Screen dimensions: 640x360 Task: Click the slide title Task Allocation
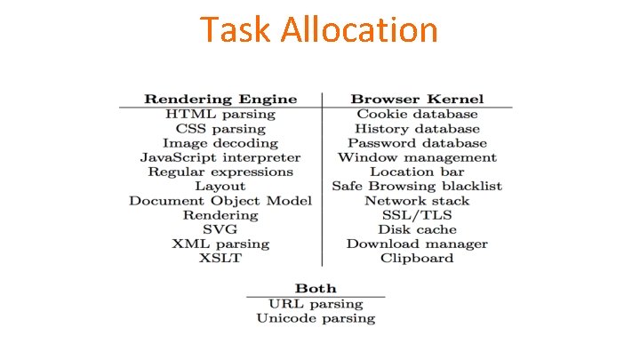319,30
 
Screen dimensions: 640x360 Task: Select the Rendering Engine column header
220,99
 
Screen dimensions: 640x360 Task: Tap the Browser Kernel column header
417,99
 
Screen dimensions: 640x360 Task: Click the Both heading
316,288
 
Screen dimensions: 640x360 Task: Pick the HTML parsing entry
220,114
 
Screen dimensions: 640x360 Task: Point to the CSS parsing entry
220,129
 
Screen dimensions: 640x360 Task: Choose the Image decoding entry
220,143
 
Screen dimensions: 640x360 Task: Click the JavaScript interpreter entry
220,157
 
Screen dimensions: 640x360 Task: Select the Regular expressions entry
220,172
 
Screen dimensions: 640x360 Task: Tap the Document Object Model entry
220,201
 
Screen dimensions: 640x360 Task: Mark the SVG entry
220,229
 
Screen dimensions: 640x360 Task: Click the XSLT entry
220,258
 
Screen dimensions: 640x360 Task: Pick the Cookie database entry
417,114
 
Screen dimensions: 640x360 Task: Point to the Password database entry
417,143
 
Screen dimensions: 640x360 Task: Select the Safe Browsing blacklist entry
417,186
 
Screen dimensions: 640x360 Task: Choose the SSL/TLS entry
417,215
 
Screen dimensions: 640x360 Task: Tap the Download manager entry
417,244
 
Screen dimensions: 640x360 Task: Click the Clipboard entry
417,258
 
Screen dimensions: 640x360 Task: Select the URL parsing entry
316,303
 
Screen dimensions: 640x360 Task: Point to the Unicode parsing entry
316,317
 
